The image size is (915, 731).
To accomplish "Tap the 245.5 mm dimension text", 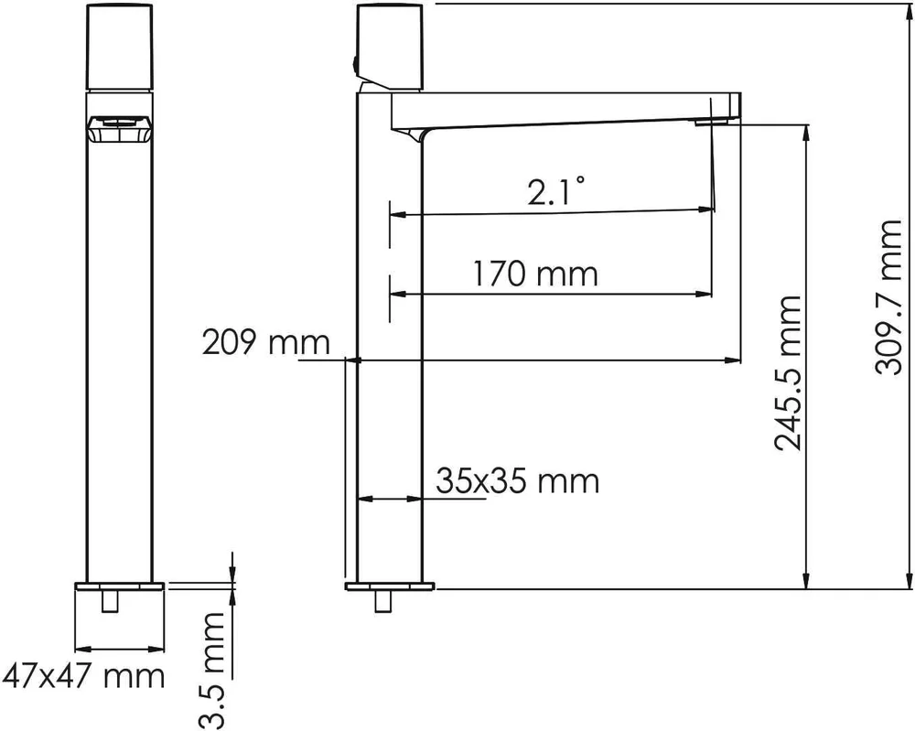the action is [x=788, y=373].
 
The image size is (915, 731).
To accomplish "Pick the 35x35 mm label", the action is [x=518, y=481].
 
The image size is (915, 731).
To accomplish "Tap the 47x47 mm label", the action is [x=83, y=676].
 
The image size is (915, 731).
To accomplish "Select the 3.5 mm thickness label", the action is [x=210, y=671].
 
